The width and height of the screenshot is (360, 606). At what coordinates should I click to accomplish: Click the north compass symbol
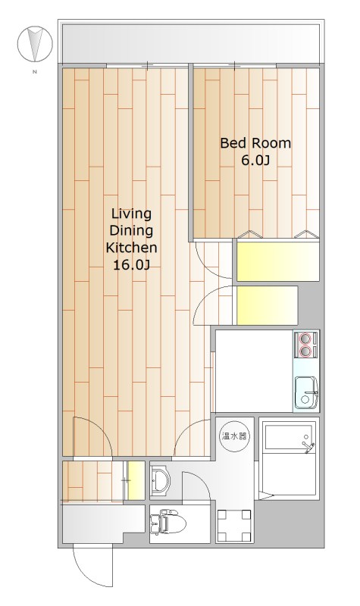point(35,44)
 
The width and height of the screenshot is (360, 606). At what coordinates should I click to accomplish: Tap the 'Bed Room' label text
point(255,143)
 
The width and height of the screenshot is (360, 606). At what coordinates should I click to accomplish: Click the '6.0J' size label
point(255,161)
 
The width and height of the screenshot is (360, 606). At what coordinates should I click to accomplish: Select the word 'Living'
point(131,214)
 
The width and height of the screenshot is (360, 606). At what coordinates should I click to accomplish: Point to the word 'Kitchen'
point(131,248)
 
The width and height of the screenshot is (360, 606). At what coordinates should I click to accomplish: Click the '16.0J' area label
point(131,264)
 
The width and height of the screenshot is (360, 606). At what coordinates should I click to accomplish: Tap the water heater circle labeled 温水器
point(234,437)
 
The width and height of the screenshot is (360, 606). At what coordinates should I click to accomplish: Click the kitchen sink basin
point(305,392)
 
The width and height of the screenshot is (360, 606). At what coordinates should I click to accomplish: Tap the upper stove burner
point(305,339)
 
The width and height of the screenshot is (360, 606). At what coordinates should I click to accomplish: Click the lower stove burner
point(305,351)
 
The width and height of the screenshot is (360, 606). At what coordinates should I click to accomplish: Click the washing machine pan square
point(234,526)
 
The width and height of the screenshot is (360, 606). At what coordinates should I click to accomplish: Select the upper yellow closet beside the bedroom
point(277,261)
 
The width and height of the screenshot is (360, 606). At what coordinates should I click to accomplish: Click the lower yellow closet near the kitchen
point(267,305)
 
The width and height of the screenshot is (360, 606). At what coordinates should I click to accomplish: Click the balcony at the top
point(191,42)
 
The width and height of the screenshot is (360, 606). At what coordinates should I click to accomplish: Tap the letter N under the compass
point(35,71)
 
